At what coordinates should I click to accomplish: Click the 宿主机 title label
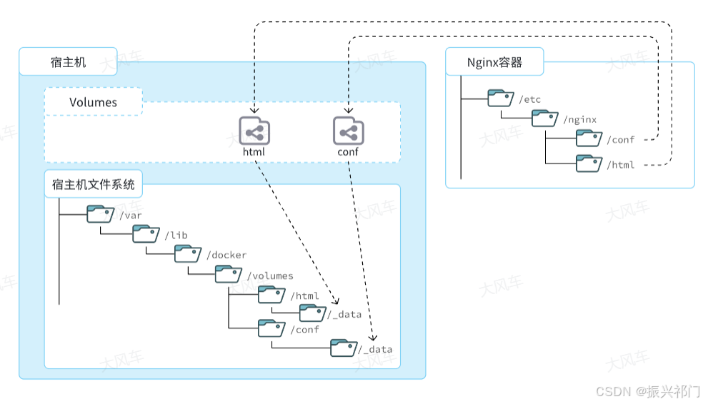(69, 62)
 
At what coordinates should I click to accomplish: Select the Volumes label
(93, 102)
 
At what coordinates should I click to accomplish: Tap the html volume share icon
(254, 131)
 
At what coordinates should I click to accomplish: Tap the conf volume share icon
(348, 131)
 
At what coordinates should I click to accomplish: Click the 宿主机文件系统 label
(93, 185)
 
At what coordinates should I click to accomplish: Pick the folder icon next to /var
(100, 213)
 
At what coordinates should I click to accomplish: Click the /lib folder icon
(146, 233)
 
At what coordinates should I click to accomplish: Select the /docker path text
(226, 255)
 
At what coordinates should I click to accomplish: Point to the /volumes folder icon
(229, 274)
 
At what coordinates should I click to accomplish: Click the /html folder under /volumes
(271, 294)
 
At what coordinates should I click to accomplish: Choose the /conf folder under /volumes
(271, 328)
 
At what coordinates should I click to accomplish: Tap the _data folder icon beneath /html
(312, 313)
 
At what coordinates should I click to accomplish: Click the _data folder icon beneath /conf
(343, 348)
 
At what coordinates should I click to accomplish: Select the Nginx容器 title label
(494, 62)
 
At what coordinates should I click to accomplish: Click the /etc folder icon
(501, 98)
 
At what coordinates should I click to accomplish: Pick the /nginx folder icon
(544, 118)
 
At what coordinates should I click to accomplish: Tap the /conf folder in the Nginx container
(589, 138)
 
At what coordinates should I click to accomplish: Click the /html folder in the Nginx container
(589, 163)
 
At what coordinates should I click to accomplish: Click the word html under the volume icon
(254, 152)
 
